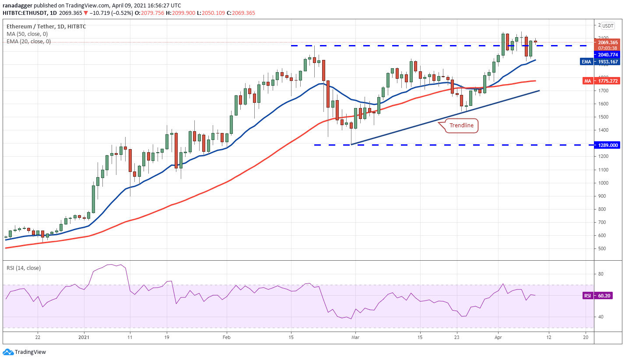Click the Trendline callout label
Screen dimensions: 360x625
tap(462, 126)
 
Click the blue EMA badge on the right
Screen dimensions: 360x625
tap(586, 62)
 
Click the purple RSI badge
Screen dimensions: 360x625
tap(587, 296)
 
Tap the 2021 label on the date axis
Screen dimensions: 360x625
tap(83, 337)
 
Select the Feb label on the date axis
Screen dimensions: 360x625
tap(226, 337)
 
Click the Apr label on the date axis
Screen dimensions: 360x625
tap(498, 337)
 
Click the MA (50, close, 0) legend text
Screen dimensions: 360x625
tap(27, 34)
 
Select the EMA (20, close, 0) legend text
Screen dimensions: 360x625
tap(28, 42)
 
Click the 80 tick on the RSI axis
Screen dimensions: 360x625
tap(600, 274)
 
